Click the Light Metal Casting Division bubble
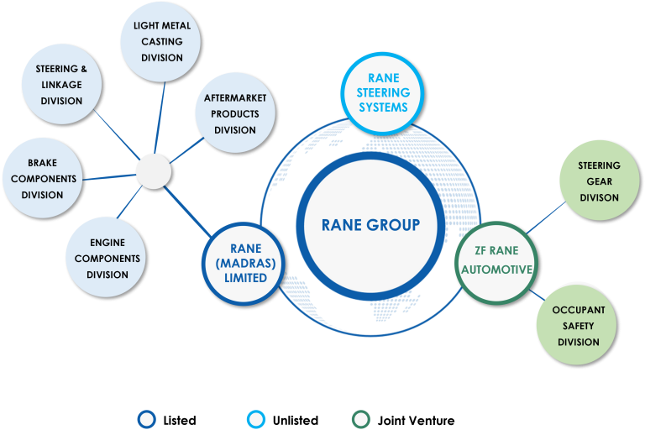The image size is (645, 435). point(161,41)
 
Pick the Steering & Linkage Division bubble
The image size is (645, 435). point(61,84)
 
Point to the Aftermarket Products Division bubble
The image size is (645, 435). point(235,113)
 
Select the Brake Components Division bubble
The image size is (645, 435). point(43,178)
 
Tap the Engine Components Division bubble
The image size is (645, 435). point(106,257)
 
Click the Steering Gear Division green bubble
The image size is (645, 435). point(600,181)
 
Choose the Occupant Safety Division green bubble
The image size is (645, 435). point(577,325)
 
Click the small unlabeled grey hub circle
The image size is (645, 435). point(154,172)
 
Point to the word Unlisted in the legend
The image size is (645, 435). point(296,421)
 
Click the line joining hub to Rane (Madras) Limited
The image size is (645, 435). point(187,212)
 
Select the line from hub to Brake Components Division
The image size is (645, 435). point(109,177)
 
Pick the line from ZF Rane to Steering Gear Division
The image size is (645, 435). point(546,217)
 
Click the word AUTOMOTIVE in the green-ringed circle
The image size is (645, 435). point(497,270)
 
